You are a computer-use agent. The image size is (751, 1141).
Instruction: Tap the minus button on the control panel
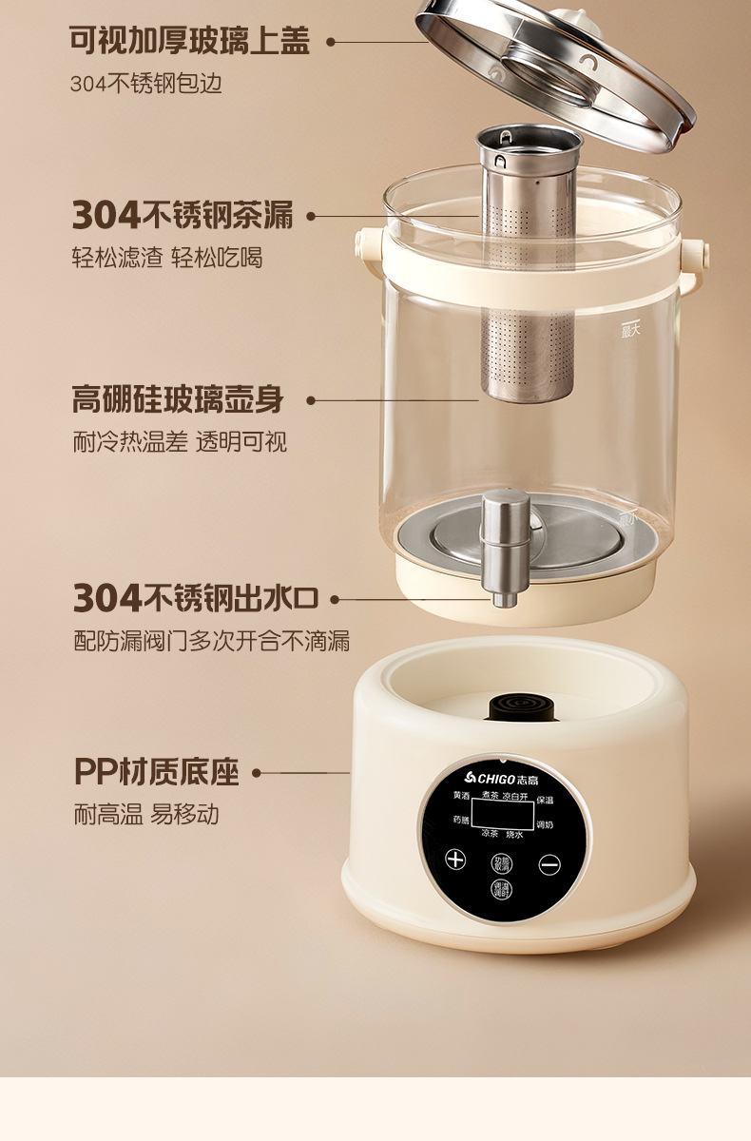coord(549,864)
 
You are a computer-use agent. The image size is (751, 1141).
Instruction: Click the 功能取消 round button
coord(501,863)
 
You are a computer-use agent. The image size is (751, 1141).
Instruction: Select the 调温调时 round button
coord(501,891)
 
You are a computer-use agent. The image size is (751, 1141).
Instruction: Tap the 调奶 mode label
coord(545,824)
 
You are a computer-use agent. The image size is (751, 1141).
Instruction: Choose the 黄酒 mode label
coord(461,795)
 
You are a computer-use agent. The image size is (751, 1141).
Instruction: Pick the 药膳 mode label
coord(461,820)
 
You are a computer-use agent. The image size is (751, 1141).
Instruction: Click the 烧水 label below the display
coord(514,834)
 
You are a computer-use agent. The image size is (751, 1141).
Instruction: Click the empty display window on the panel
coord(502,814)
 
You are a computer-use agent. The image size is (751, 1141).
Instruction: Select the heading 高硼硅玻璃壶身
coord(178,400)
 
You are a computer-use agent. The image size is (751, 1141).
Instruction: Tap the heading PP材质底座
coord(156,773)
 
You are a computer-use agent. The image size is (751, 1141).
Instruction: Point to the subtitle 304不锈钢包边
coord(145,84)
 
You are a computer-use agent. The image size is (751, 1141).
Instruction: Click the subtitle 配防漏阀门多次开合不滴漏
coord(212,641)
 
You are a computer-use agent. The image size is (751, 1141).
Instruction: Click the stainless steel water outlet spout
coord(503,548)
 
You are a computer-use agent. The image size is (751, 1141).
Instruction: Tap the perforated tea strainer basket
coord(528,266)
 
